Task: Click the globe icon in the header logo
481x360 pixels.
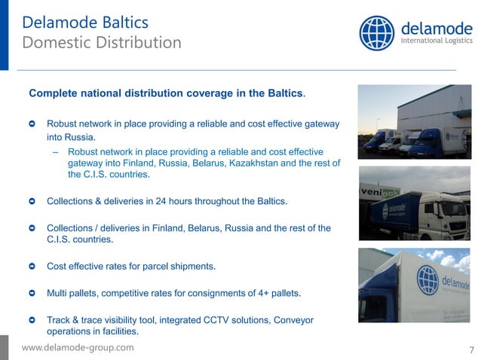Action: [377, 33]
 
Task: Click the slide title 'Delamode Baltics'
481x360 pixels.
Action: [85, 22]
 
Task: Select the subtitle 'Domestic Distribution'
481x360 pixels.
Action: [102, 42]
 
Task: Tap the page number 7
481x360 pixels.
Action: [471, 349]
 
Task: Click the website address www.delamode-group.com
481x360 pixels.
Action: [78, 347]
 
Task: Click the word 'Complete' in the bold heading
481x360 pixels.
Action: [54, 94]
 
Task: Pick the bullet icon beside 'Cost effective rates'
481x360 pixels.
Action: [31, 267]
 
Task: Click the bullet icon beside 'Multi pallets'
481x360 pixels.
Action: [31, 293]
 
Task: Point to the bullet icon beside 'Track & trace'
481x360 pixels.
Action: [31, 320]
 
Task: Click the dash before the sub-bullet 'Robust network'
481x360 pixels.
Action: [56, 152]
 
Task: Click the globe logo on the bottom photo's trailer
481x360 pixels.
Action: [427, 279]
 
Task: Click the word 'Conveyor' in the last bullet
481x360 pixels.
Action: [291, 320]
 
